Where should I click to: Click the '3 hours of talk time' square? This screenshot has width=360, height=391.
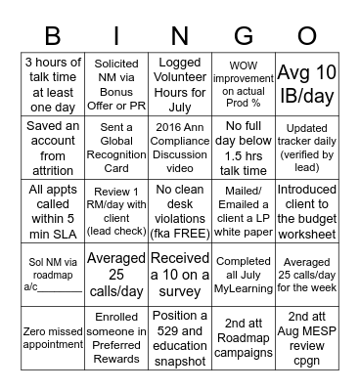point(53,80)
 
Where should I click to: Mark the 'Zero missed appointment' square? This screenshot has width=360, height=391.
point(53,332)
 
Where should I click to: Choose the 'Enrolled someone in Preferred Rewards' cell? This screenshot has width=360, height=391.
point(115,332)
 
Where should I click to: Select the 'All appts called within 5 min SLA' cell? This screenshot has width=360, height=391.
point(53,205)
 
